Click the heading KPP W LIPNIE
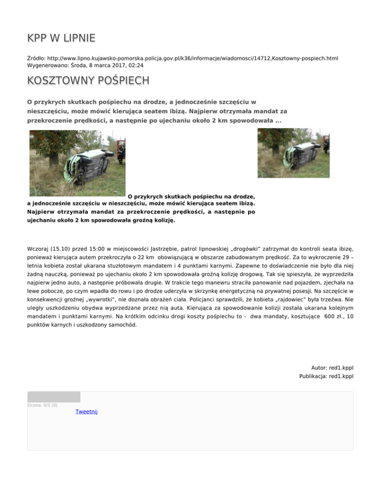(62, 38)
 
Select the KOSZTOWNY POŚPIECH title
(88, 80)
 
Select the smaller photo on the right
(293, 153)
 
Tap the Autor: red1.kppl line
(332, 368)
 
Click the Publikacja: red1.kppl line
(326, 376)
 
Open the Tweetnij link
(86, 412)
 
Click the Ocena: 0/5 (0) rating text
(42, 405)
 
